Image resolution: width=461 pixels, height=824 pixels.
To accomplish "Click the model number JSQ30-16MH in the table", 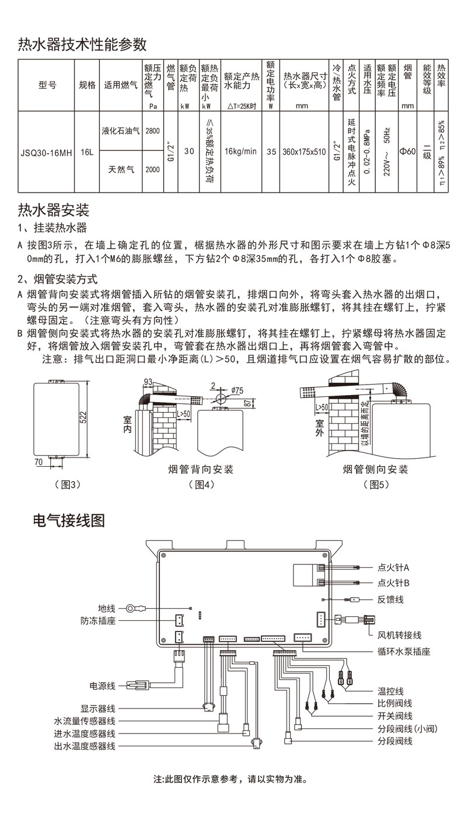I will click(x=47, y=152).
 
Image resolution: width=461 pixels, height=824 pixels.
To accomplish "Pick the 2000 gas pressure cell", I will click(x=152, y=170).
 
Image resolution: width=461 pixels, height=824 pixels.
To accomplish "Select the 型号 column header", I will click(x=47, y=85).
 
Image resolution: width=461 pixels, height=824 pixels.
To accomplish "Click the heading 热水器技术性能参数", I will click(x=82, y=44).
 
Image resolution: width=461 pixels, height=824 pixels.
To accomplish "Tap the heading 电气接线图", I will click(x=69, y=520).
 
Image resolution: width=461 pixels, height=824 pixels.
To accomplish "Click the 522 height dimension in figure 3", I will click(x=83, y=417).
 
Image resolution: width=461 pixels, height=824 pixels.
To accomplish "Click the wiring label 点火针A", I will click(x=393, y=567).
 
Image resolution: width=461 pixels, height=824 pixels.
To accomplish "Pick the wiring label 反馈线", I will click(x=390, y=599).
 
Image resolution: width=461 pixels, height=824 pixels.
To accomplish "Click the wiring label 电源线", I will click(x=102, y=685).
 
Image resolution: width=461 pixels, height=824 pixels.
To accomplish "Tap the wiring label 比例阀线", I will click(x=394, y=703).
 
